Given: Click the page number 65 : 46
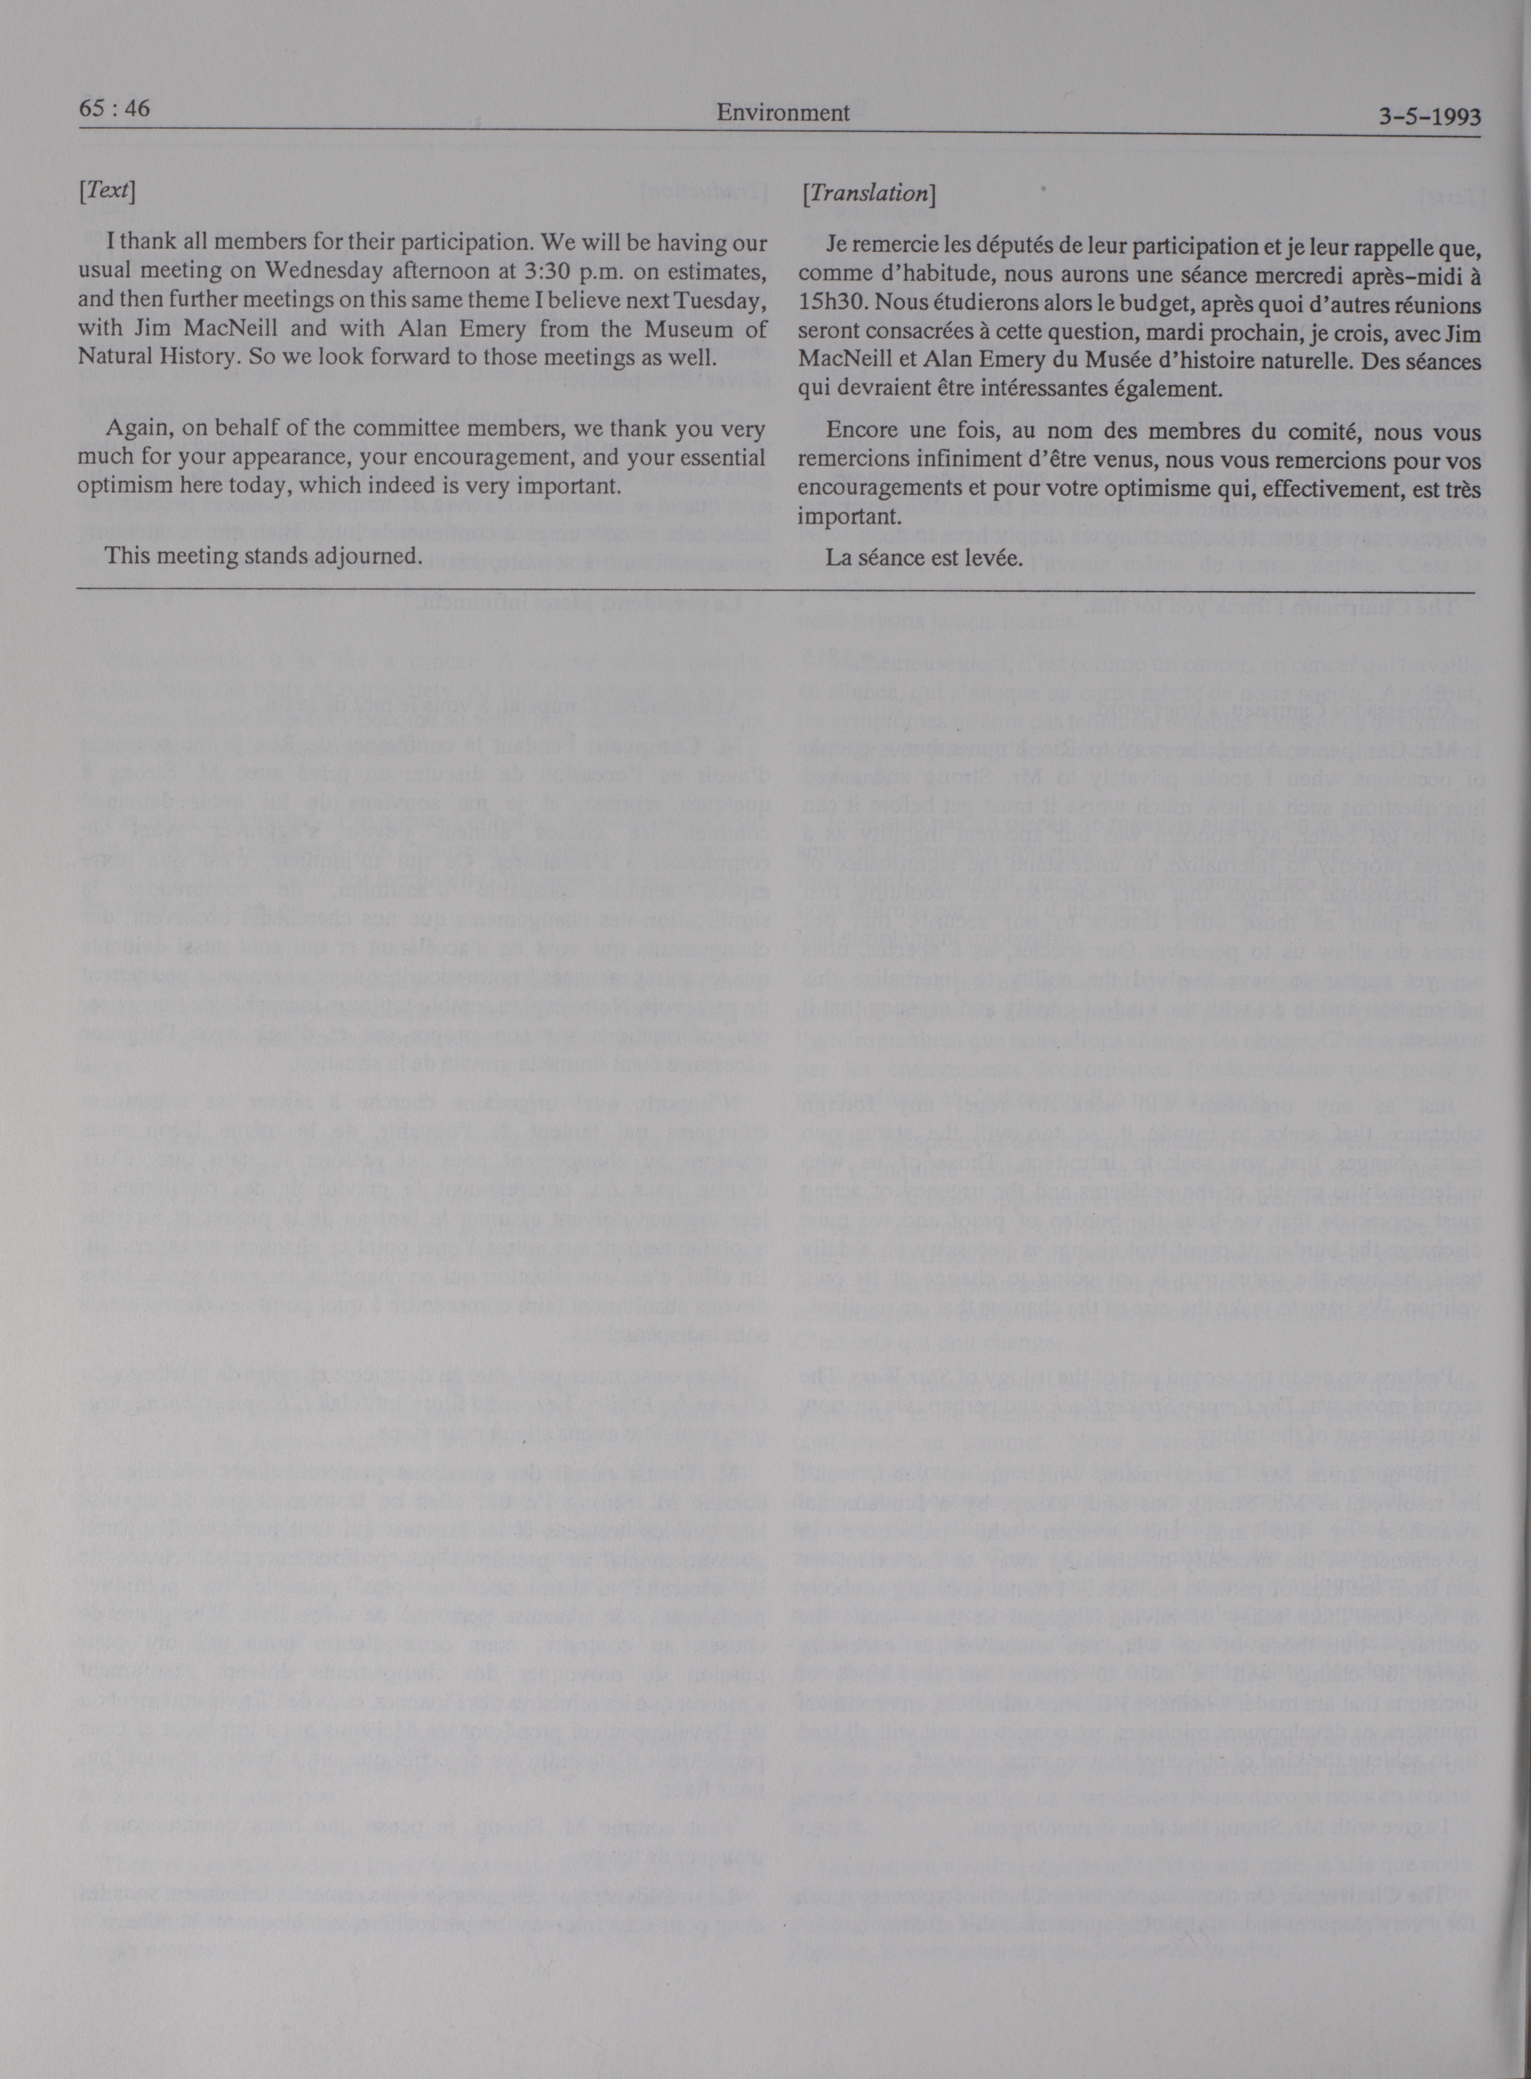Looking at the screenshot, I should (115, 109).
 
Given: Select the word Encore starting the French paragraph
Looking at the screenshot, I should (856, 433).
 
